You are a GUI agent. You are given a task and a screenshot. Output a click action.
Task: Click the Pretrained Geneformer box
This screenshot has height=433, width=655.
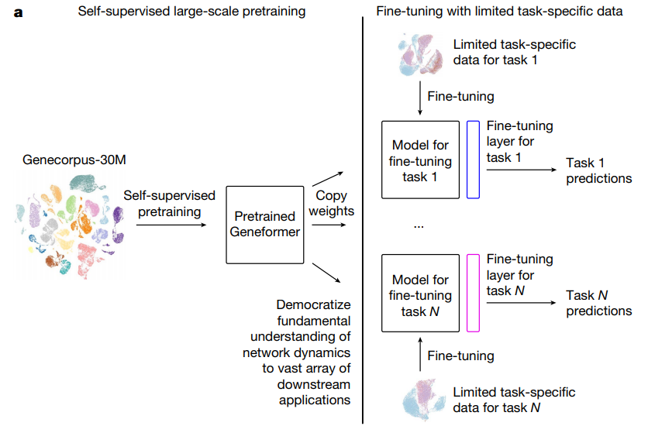[x=264, y=224]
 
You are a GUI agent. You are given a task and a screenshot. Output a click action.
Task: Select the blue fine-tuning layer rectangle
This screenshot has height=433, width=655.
[x=474, y=160]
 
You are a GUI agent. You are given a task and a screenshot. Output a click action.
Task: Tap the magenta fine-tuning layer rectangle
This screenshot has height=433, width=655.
[x=474, y=293]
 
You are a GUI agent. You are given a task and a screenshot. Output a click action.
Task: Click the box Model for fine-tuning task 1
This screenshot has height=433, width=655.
[x=420, y=160]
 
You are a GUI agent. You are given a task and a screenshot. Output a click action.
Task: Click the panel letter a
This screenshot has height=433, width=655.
[x=19, y=12]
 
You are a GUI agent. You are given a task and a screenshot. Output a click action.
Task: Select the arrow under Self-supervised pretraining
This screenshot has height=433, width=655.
[x=171, y=225]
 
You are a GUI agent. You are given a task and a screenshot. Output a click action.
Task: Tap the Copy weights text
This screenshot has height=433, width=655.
[x=331, y=204]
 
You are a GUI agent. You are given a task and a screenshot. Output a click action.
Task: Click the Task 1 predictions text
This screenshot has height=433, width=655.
[x=598, y=170]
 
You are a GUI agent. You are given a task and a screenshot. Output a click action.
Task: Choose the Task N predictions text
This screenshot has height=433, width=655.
[x=598, y=303]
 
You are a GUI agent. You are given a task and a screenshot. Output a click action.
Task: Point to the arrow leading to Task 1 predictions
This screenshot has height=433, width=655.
[x=522, y=170]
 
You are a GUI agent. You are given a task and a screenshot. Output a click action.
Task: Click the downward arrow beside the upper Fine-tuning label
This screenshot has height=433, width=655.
[x=419, y=98]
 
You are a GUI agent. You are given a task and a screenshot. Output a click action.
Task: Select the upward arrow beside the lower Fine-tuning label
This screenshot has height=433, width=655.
[x=419, y=356]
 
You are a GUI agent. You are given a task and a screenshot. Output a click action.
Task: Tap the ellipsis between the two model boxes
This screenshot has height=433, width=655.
[x=419, y=225]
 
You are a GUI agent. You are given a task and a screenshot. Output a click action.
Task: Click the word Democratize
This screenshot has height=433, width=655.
[x=312, y=304]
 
